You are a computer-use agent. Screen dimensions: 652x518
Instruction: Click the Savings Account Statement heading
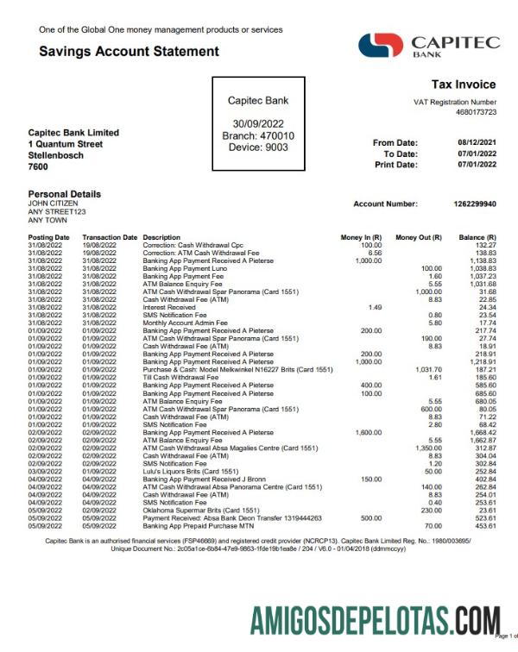point(129,52)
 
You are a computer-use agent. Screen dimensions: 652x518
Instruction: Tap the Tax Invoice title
point(464,85)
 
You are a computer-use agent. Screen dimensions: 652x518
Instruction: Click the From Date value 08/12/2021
point(477,142)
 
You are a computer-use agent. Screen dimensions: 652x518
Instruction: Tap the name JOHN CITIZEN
point(53,204)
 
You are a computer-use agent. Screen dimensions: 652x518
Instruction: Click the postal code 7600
point(38,166)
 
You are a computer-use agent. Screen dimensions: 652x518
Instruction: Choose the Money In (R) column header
point(361,236)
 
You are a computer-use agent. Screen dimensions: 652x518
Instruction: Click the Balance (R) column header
point(477,236)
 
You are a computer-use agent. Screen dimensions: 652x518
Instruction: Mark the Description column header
point(161,236)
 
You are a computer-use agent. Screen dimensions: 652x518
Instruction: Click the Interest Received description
point(169,307)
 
